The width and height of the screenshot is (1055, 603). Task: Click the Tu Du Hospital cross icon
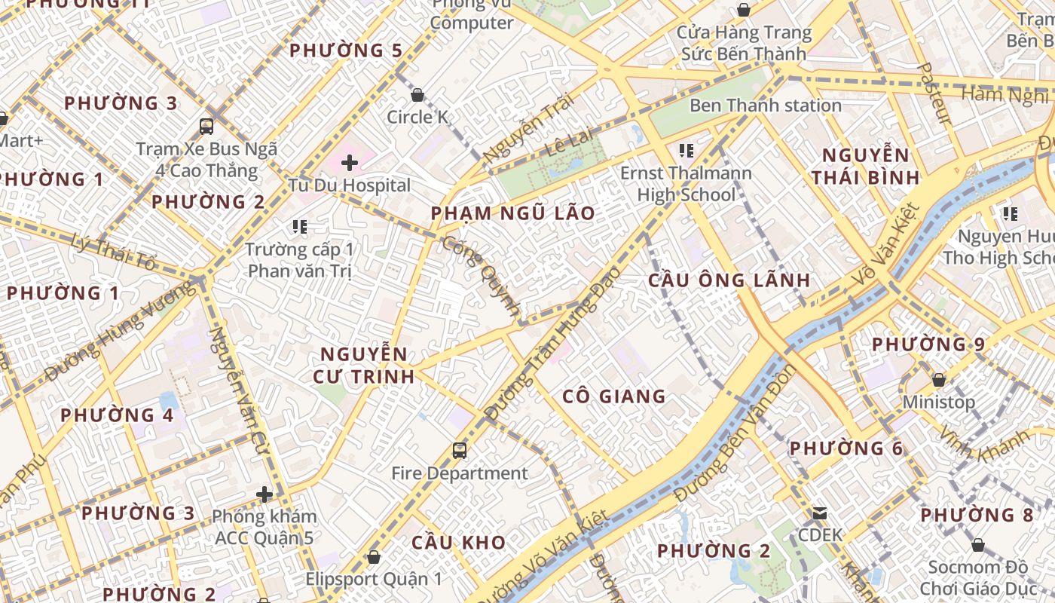(x=350, y=162)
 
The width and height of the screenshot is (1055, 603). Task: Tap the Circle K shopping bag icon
(x=417, y=95)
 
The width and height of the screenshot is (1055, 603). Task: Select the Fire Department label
(x=460, y=473)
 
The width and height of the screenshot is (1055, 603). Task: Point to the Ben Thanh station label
(x=765, y=106)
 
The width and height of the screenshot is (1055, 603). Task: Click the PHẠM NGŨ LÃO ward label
(x=512, y=213)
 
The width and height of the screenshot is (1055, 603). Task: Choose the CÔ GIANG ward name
(x=614, y=396)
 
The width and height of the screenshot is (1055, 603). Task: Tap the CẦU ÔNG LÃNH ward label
(x=729, y=280)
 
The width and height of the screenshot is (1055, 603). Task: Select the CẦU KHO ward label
(x=458, y=542)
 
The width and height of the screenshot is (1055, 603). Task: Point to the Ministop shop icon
(x=939, y=380)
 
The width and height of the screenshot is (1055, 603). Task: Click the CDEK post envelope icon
(x=819, y=513)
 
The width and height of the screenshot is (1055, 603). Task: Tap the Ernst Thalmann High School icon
(x=686, y=150)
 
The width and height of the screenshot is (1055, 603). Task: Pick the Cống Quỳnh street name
(x=482, y=276)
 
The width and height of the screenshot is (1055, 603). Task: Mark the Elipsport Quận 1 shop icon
(x=373, y=557)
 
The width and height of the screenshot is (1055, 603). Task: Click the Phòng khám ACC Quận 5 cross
(x=264, y=494)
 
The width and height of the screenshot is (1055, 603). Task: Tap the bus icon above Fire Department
(x=460, y=451)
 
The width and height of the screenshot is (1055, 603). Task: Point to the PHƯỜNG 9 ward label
(x=928, y=344)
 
